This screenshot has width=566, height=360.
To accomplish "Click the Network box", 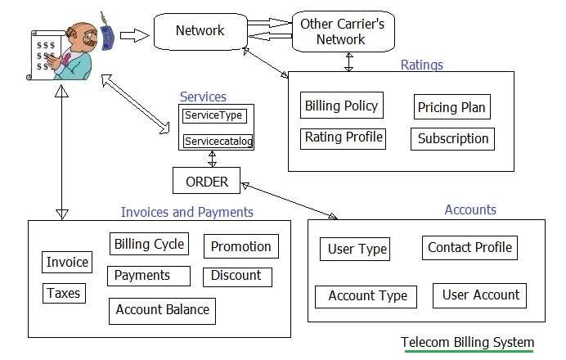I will (200, 32).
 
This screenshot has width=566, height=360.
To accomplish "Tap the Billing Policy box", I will (341, 106).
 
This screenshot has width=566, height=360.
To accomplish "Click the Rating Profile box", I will (344, 137).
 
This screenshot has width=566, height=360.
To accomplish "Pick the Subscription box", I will (452, 138).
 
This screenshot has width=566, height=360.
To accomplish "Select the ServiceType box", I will (213, 116).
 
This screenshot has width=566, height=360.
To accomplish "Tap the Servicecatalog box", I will (218, 142).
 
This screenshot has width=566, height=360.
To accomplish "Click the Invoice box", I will (67, 262).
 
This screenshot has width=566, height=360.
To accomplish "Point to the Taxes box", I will (63, 292).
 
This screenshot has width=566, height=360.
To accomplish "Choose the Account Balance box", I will (162, 309).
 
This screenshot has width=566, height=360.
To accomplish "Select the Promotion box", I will (240, 246).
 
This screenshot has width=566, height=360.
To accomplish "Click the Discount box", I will (236, 276).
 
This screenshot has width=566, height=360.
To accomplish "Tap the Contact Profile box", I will (469, 247).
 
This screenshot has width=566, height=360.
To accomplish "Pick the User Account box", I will (480, 295).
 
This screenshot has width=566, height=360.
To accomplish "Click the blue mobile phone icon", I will (106, 34).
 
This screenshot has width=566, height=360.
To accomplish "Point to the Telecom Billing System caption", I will (467, 342).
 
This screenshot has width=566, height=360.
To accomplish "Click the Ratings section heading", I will (421, 64).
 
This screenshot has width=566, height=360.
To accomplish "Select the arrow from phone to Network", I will (133, 35).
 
